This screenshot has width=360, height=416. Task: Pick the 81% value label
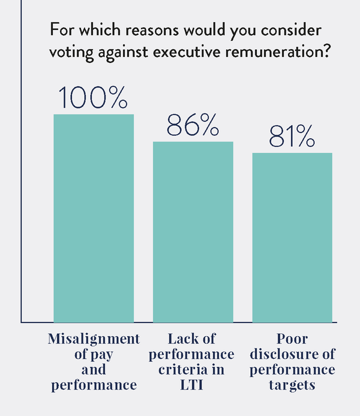pos(292,137)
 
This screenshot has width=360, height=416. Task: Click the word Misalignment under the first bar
pos(94,339)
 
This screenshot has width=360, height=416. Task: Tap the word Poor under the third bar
pos(292,339)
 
